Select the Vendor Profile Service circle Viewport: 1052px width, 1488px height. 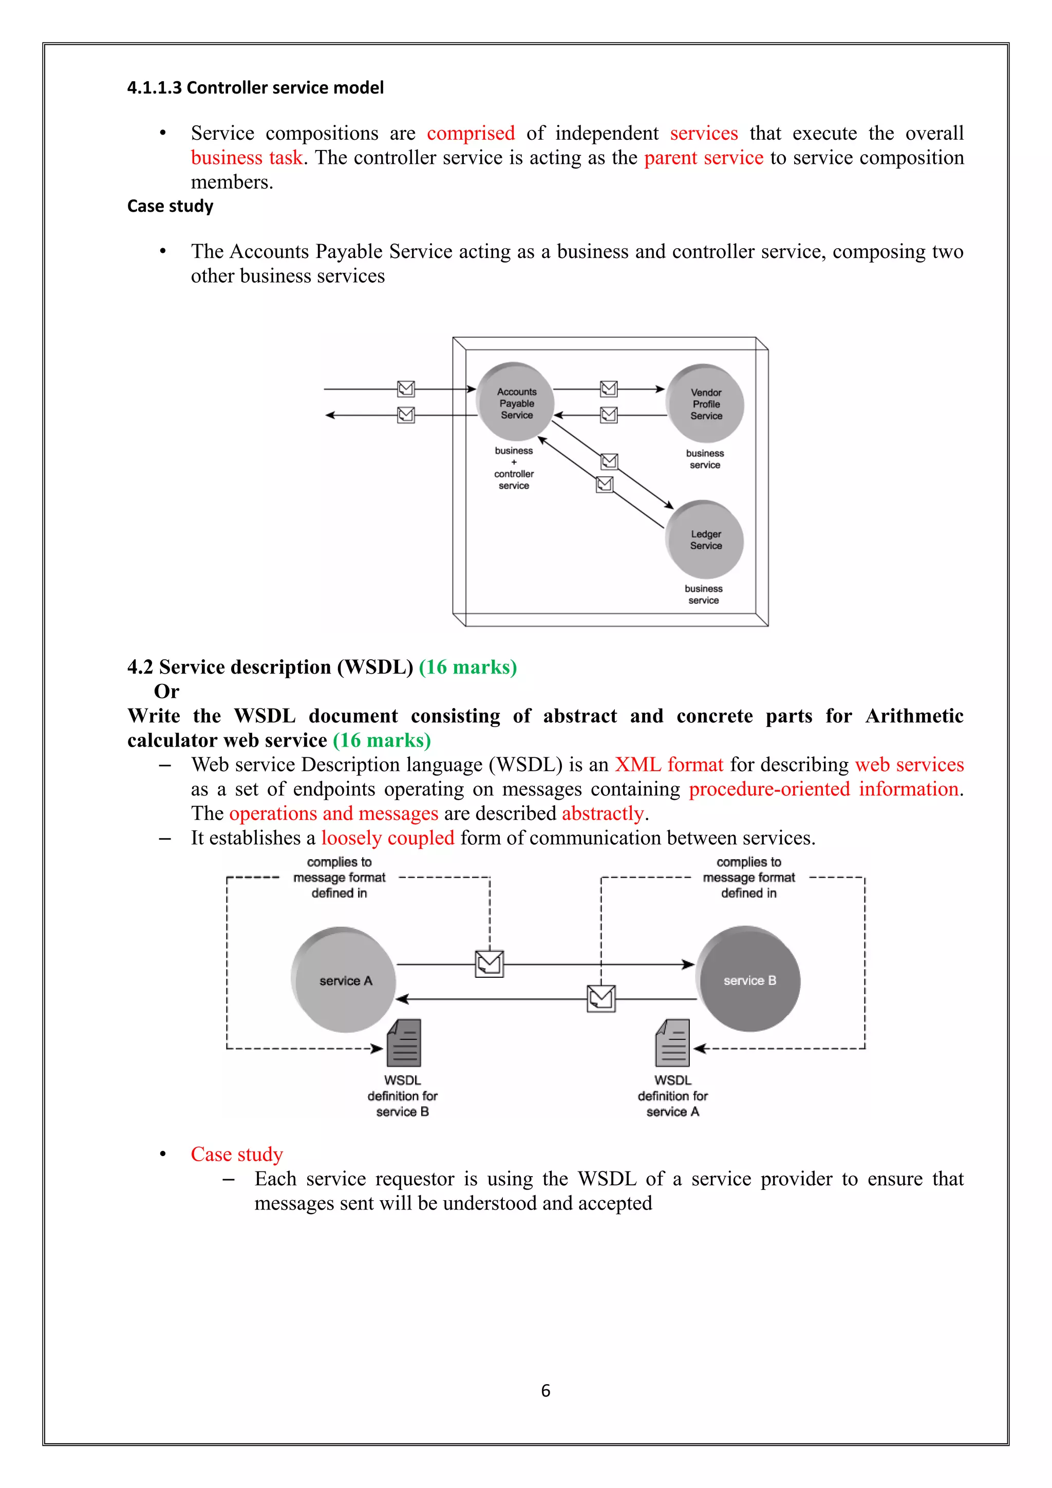(705, 404)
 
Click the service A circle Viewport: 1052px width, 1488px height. (344, 980)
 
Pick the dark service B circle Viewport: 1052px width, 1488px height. (749, 979)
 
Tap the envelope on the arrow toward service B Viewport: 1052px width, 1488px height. (489, 964)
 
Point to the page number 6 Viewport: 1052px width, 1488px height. (546, 1390)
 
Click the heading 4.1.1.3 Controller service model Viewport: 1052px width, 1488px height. (255, 87)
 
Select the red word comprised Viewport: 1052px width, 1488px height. (471, 133)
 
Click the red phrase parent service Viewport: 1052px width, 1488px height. (704, 158)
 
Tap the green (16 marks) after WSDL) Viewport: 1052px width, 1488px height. (468, 667)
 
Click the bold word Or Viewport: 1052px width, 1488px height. (166, 692)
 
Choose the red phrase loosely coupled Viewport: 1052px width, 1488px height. (387, 838)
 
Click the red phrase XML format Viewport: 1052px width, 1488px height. (668, 765)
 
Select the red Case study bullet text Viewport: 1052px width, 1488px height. (236, 1154)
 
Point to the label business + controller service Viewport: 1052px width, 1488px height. (514, 468)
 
